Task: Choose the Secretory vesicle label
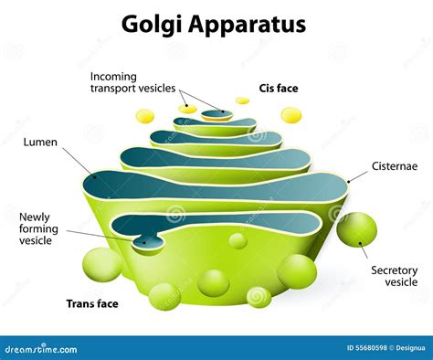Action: (395, 277)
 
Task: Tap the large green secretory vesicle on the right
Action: (356, 230)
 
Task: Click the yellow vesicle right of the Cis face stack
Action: (290, 115)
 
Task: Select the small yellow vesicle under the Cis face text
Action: (242, 101)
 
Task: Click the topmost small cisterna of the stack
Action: (216, 114)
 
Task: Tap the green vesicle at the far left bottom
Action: (99, 265)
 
